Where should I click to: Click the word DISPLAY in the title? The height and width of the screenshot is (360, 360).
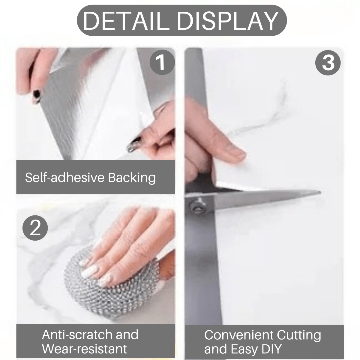pyautogui.click(x=227, y=21)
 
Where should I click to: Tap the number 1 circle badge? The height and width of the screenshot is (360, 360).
pyautogui.click(x=162, y=62)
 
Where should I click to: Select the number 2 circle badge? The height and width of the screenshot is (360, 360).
pyautogui.click(x=35, y=228)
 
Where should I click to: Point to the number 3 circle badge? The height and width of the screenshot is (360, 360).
pyautogui.click(x=328, y=62)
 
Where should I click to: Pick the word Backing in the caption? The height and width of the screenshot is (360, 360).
pyautogui.click(x=132, y=178)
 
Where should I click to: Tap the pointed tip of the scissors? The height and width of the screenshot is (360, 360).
pyautogui.click(x=320, y=192)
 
